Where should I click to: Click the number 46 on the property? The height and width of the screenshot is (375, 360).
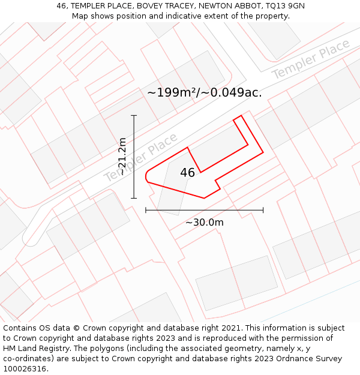(187, 173)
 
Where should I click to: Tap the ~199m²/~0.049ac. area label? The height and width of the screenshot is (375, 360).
(205, 92)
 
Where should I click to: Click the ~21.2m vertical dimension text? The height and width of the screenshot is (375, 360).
(122, 157)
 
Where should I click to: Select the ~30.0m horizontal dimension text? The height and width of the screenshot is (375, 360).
(204, 223)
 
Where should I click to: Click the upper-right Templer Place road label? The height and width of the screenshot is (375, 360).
(310, 59)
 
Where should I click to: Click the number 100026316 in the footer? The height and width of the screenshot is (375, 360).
(25, 369)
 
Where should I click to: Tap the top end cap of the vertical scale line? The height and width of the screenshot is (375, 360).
(134, 115)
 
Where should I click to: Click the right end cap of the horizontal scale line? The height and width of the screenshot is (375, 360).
(263, 210)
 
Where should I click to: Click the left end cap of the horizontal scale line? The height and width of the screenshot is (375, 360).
(146, 210)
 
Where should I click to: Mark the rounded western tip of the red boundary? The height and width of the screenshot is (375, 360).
(147, 175)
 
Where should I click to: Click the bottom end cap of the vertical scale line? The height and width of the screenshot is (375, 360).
(134, 198)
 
